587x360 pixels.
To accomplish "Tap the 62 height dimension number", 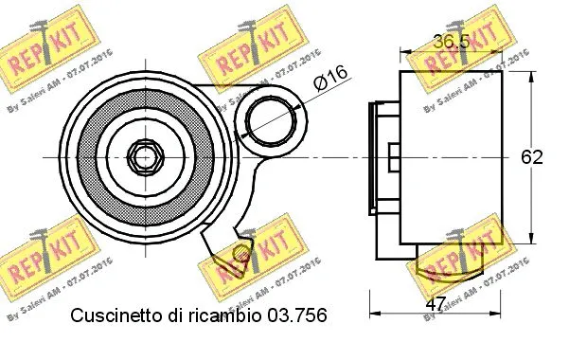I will coord(532,157).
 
